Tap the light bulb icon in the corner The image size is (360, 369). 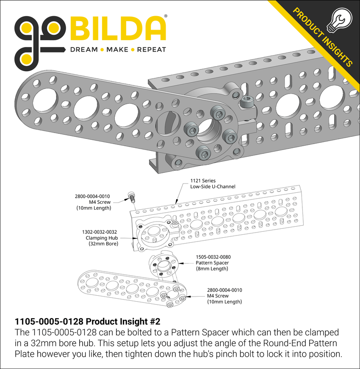340,20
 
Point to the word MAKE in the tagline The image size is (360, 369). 117,50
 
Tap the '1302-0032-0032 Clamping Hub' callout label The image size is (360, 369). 101,238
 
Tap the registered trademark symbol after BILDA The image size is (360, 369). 165,16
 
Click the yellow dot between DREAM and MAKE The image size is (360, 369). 101,50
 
